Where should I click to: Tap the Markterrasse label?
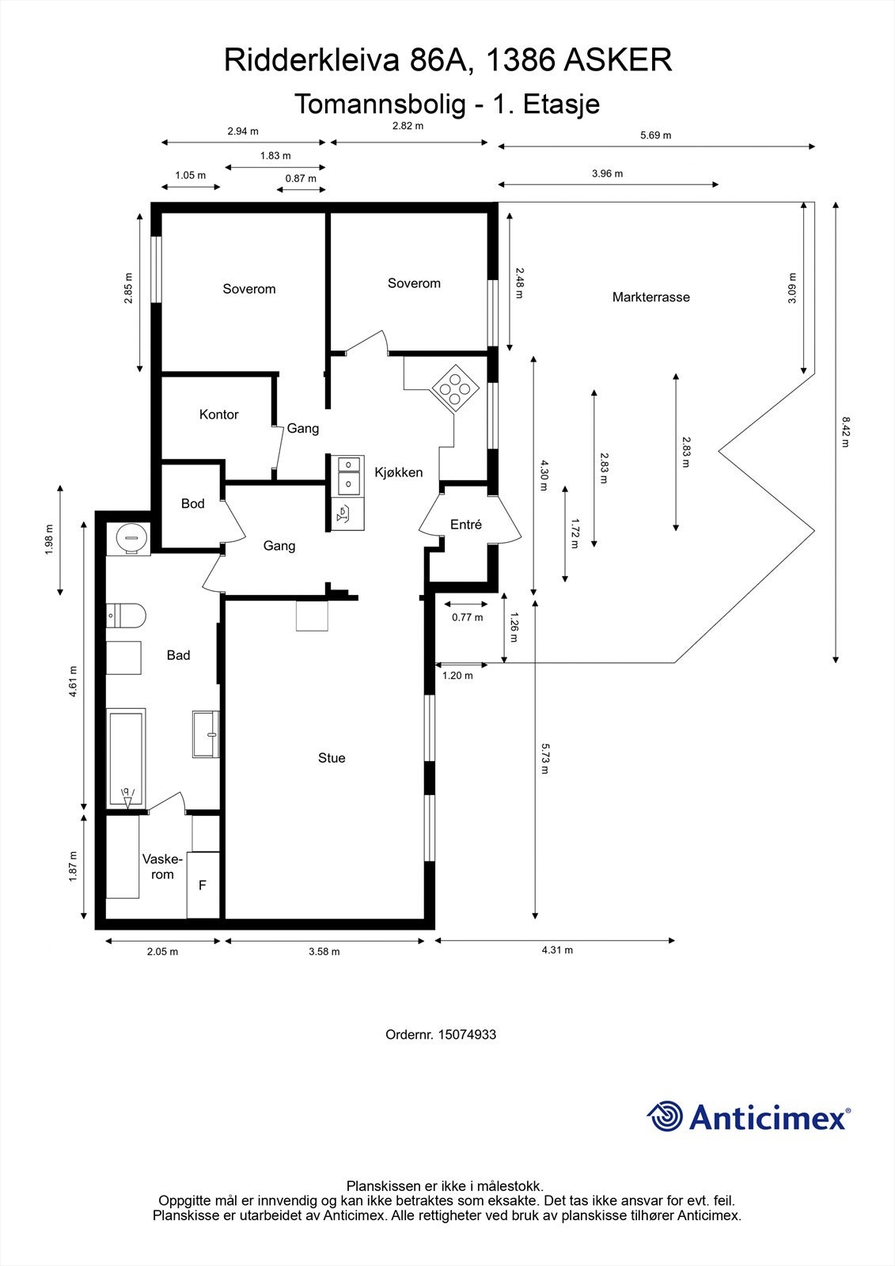[x=650, y=298]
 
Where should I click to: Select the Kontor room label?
[x=218, y=415]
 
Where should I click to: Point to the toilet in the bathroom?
[x=127, y=615]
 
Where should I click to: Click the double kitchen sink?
[x=347, y=474]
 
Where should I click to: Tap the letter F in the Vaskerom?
[x=202, y=885]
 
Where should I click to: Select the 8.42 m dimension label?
[x=845, y=432]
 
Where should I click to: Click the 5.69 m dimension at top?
[x=655, y=135]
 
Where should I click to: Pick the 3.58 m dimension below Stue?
[x=324, y=951]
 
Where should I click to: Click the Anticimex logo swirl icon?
[x=666, y=1117]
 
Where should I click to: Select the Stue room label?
[x=332, y=758]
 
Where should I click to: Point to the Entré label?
[x=465, y=525]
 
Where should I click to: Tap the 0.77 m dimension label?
[x=467, y=617]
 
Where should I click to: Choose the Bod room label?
[x=192, y=504]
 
